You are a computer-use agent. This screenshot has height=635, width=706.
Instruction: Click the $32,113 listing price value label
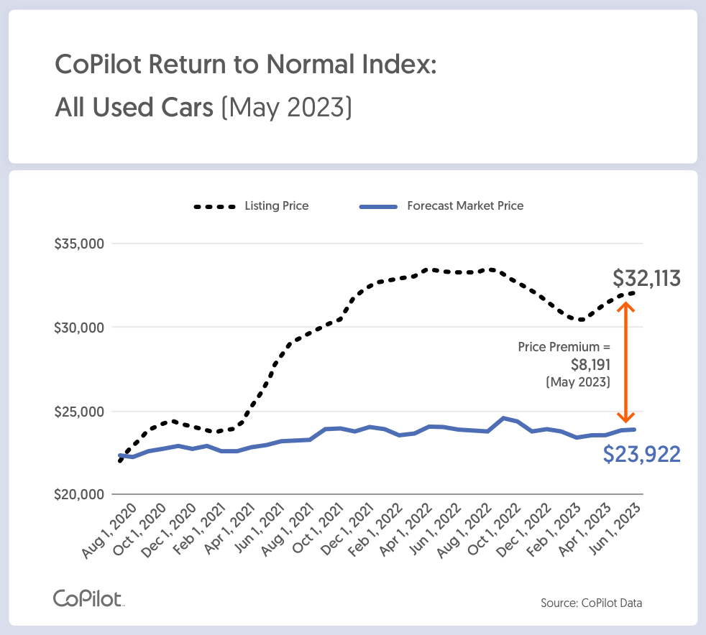(646, 279)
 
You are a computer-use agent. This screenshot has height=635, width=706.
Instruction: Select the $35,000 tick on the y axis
(79, 244)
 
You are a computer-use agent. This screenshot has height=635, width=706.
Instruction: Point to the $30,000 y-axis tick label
(79, 328)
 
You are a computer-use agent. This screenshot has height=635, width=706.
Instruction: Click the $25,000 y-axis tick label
(79, 412)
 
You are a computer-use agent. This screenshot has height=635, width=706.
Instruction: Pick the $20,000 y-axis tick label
(79, 495)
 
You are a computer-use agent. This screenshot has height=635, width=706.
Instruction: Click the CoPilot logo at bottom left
(88, 598)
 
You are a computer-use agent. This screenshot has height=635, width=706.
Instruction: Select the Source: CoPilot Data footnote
(591, 603)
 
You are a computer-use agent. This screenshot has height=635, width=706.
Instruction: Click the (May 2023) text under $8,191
(579, 382)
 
